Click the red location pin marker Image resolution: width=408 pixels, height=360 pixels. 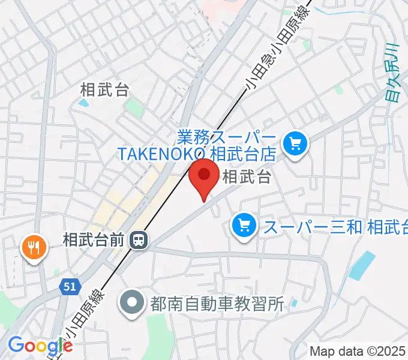point(204,176)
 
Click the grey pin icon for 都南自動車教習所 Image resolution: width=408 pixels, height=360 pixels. point(131,302)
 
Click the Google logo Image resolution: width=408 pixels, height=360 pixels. point(40,346)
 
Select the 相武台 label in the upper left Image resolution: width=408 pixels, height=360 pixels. point(104,90)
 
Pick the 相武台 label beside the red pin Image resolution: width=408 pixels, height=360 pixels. point(247,177)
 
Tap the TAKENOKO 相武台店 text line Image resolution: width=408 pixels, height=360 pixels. point(196,154)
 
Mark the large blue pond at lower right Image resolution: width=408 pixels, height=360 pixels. point(362,266)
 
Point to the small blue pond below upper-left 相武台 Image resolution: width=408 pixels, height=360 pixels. point(83,103)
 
